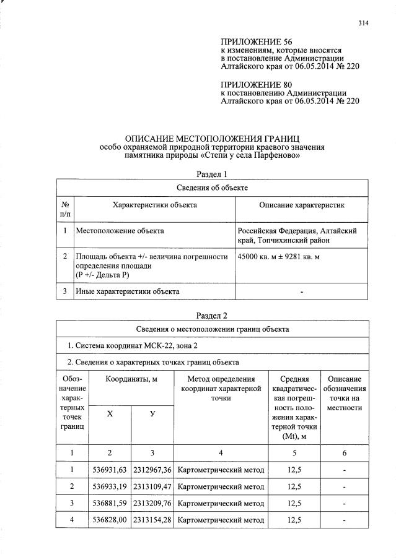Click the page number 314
pos(363,24)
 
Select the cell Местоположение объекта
pos(120,231)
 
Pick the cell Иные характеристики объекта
pos(128,291)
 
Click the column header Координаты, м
pos(130,379)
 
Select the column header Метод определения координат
pos(220,384)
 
